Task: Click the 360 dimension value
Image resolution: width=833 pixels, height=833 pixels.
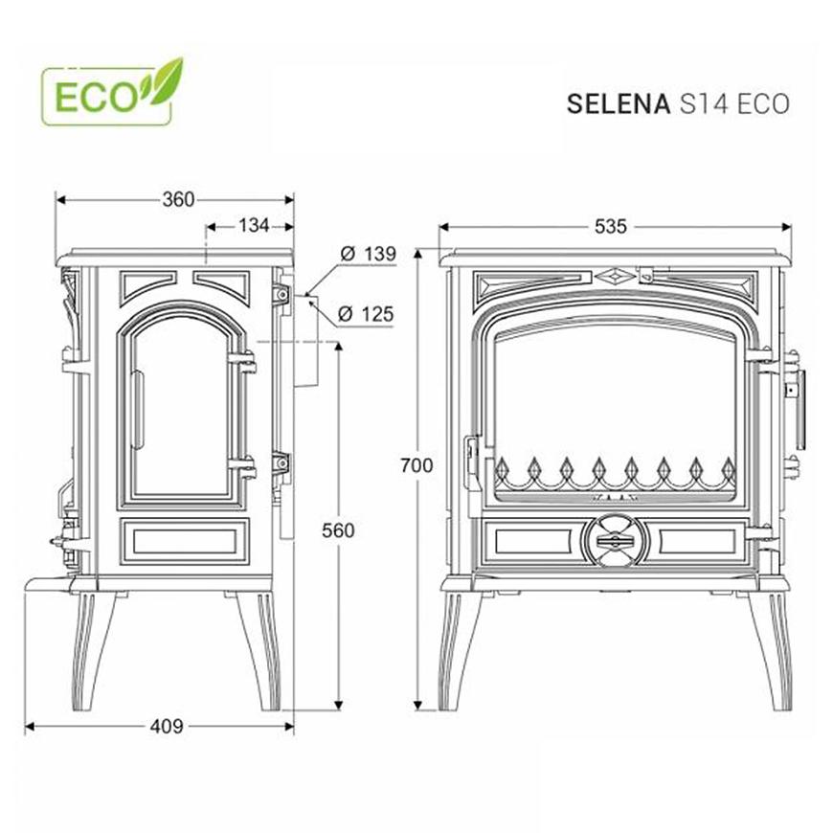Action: [x=178, y=200]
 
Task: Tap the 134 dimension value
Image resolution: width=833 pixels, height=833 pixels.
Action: [x=254, y=226]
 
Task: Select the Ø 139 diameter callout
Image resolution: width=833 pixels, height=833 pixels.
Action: [x=369, y=254]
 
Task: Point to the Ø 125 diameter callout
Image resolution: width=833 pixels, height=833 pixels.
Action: [x=366, y=314]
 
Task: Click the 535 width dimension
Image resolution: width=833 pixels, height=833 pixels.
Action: [x=611, y=227]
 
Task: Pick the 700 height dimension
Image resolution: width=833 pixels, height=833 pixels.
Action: [x=416, y=465]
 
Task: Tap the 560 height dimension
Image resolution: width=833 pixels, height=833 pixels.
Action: [x=338, y=530]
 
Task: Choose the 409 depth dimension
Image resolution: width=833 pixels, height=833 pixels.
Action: [x=167, y=726]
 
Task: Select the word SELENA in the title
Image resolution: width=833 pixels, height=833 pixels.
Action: [x=619, y=104]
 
